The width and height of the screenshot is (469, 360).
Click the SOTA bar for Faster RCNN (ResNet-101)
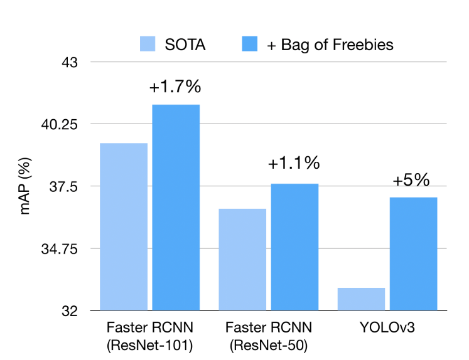click(x=124, y=226)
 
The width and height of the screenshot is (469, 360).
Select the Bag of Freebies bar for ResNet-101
click(x=176, y=207)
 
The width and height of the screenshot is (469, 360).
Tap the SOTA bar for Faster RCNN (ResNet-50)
click(x=242, y=259)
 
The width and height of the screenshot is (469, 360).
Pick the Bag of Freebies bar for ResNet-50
click(x=294, y=246)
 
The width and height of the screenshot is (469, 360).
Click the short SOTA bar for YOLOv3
click(x=361, y=299)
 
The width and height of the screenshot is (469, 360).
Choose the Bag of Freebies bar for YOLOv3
click(x=413, y=253)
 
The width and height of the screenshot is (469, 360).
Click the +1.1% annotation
click(x=294, y=164)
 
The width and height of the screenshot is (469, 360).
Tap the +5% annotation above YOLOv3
click(x=411, y=180)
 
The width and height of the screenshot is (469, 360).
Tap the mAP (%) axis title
click(x=26, y=186)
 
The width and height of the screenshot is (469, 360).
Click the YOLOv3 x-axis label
click(x=387, y=327)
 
